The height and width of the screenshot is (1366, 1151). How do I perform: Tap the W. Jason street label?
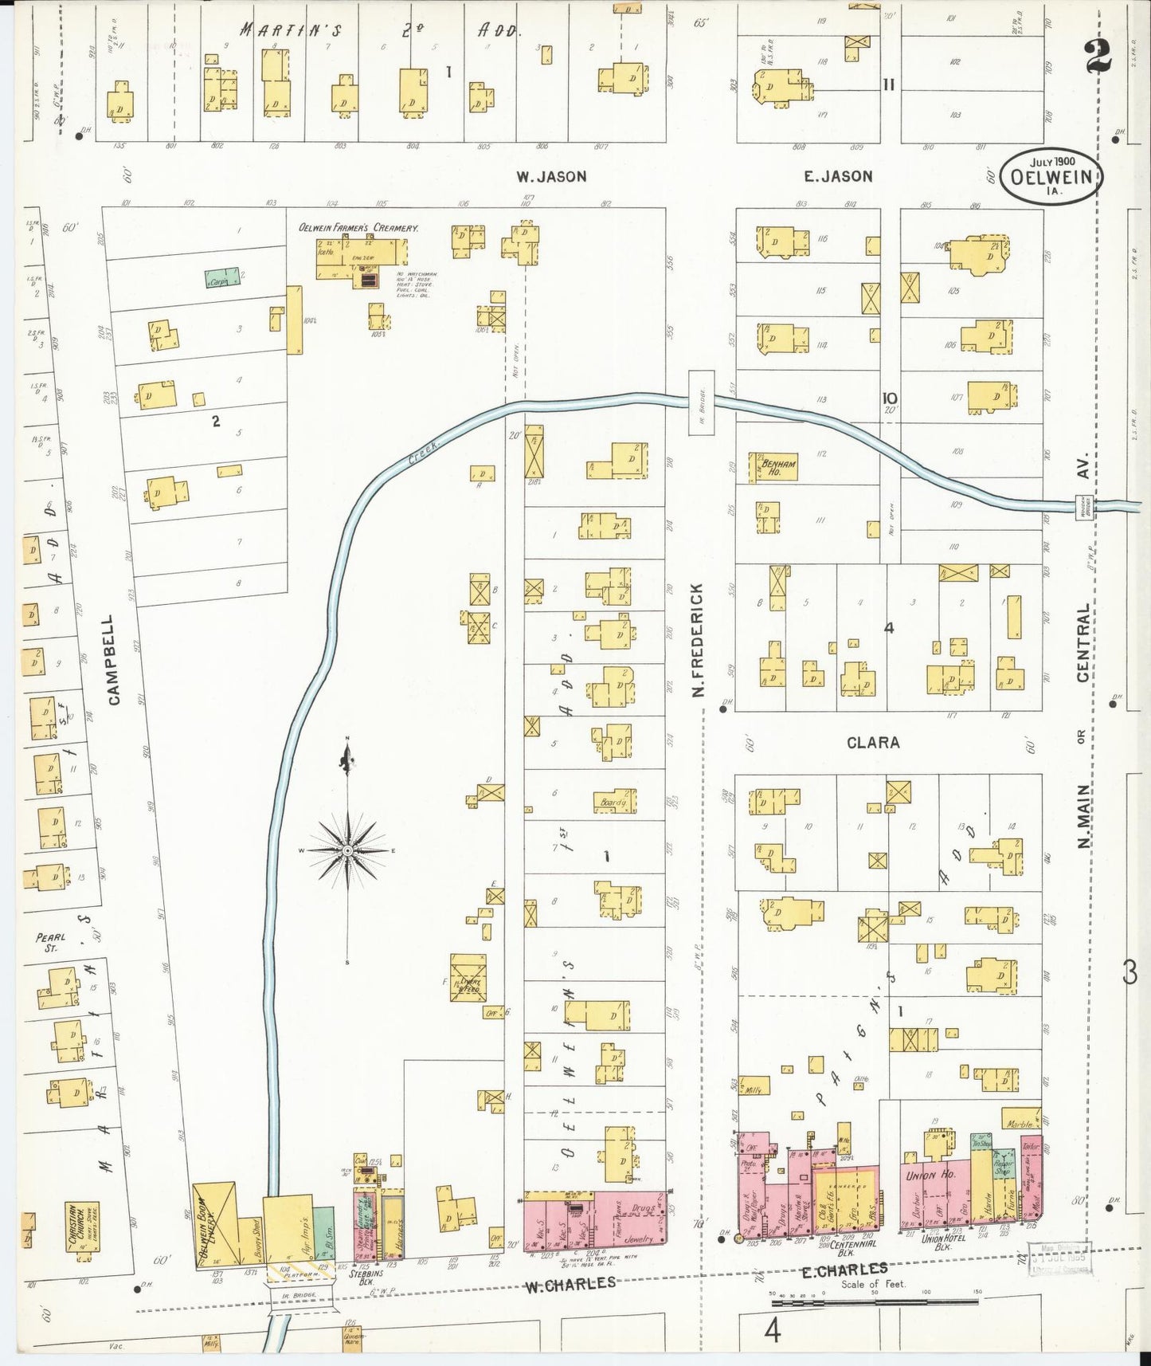551,177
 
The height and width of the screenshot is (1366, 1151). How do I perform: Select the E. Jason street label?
837,177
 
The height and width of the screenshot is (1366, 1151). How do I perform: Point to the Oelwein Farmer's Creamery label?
358,228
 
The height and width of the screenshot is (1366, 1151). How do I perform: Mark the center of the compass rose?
348,851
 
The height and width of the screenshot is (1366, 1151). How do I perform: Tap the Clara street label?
873,743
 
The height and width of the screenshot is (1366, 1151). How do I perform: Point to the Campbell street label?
114,658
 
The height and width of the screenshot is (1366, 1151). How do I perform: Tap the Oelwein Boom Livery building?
216,1225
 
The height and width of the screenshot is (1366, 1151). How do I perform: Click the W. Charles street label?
570,1283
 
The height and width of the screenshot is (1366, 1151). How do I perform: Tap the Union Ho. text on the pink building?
930,1175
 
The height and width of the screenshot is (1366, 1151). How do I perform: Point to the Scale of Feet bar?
876,1301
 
